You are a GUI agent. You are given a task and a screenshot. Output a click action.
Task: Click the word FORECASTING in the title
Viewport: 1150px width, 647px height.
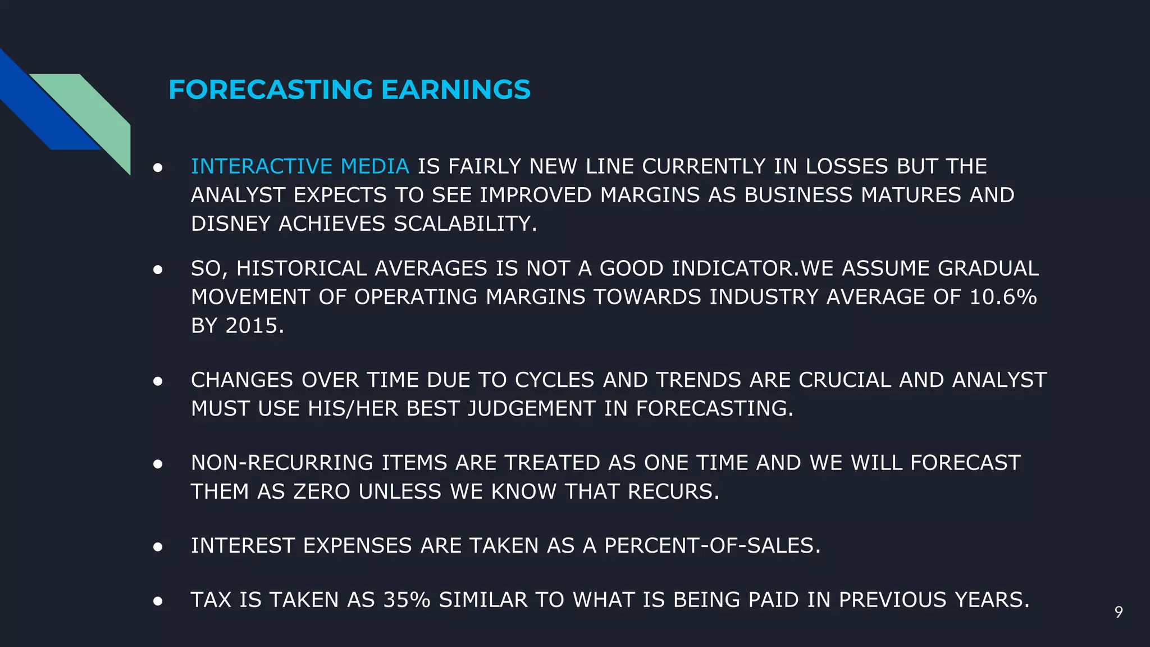pos(271,90)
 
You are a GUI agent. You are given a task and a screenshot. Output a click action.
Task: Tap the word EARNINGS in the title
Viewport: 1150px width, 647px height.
pos(455,90)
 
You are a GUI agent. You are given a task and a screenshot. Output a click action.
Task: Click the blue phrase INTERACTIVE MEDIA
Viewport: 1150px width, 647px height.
pos(300,166)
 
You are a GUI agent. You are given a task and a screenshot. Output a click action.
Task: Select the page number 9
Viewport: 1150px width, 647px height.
pos(1119,612)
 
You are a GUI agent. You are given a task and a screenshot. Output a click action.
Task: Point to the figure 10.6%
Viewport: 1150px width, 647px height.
pos(1003,297)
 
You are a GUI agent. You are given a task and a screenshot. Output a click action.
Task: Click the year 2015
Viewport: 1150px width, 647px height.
pos(254,326)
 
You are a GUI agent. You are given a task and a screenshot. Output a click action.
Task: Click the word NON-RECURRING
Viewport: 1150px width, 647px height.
pos(282,463)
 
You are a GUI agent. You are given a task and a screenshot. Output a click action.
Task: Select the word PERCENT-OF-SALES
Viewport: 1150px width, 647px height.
pos(712,546)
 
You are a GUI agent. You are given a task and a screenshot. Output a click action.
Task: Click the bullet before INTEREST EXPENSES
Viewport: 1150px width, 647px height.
pos(158,546)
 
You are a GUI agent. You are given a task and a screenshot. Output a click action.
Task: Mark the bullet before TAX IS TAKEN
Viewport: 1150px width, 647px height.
pos(158,601)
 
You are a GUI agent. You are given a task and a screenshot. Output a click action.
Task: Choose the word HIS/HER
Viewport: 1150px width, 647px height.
pos(353,409)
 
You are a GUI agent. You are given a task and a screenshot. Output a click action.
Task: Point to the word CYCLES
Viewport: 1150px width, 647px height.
pos(554,380)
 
